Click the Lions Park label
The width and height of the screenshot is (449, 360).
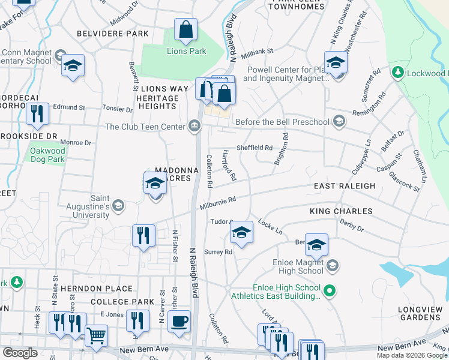coord(186,52)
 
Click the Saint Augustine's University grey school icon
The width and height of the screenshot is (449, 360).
coord(118,206)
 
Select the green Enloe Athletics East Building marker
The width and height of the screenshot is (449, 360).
coord(329,292)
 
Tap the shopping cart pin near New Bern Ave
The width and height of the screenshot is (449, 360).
coord(96,336)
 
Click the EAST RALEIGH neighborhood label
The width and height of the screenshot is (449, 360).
coord(345,186)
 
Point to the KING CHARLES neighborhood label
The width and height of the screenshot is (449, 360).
coord(341,211)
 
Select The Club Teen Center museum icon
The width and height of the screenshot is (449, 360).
coord(194,126)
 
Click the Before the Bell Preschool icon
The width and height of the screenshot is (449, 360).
coord(339,122)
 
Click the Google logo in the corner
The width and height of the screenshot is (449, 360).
coord(20,353)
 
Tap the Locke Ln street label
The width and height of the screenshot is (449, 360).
coord(270,226)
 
